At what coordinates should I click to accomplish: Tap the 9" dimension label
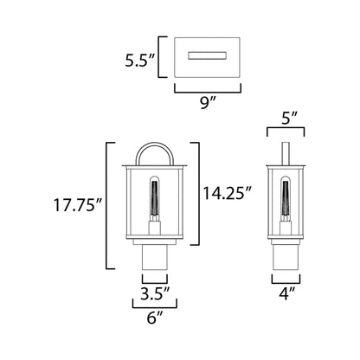click(208, 102)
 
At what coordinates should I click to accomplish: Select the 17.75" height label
click(78, 205)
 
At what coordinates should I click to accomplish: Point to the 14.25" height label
click(228, 193)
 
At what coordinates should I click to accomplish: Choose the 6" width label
click(155, 318)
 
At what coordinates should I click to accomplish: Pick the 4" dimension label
click(286, 293)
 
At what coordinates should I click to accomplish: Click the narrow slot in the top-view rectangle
click(208, 55)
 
